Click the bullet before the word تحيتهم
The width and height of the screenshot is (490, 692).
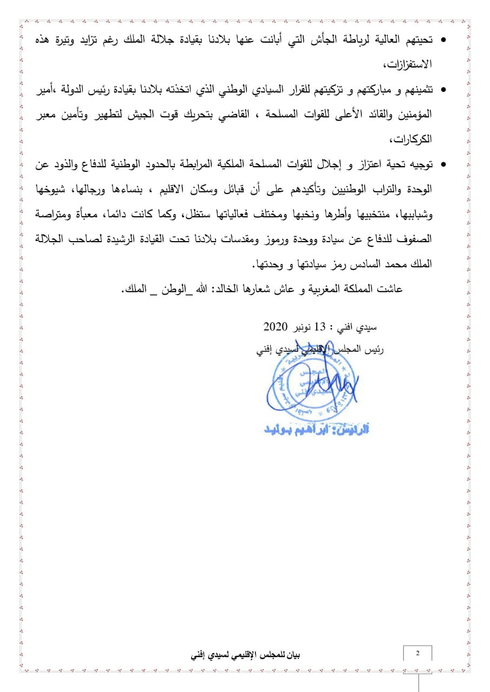[444, 41]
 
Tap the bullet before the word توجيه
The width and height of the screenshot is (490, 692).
[444, 163]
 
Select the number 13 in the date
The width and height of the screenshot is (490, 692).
[322, 328]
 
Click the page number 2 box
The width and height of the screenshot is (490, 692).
[417, 653]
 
